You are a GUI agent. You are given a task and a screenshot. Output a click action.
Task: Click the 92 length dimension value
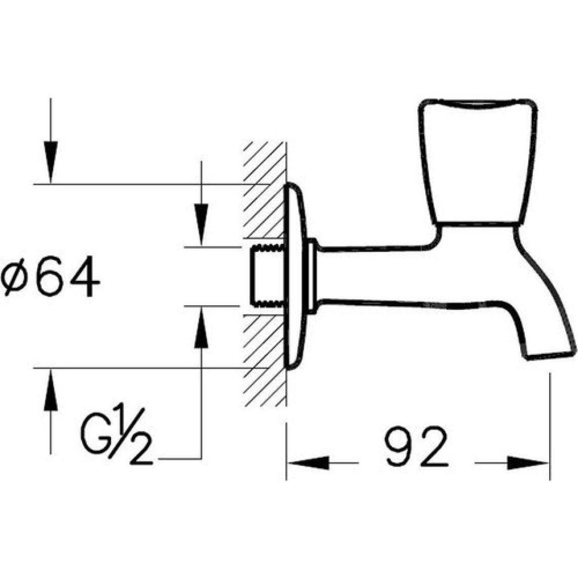417,447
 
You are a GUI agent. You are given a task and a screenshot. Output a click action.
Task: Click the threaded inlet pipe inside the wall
266,276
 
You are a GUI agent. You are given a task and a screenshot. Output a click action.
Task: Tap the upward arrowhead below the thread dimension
202,330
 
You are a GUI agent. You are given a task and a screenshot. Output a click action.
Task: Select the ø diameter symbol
16,277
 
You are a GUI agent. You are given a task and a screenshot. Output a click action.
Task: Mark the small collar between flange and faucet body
313,276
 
